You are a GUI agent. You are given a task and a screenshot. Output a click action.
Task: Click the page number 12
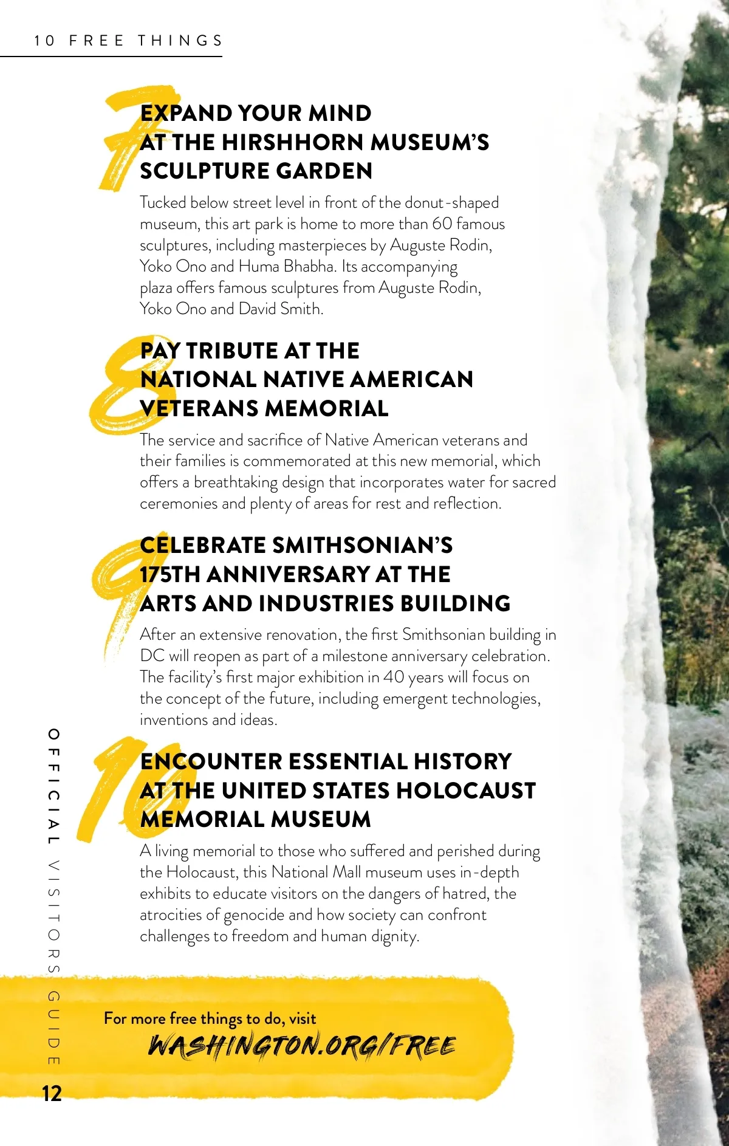[52, 1093]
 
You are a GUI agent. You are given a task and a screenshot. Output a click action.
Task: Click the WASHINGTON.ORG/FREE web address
[302, 1046]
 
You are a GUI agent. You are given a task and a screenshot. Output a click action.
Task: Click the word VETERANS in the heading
[199, 408]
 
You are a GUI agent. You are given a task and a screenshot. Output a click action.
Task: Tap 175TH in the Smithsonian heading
[170, 574]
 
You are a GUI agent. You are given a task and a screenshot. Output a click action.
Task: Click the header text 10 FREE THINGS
[128, 41]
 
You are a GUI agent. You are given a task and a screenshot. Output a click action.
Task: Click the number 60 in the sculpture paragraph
[442, 224]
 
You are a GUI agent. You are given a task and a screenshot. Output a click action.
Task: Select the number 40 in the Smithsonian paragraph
[393, 677]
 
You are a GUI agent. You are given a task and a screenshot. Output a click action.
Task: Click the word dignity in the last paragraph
[395, 936]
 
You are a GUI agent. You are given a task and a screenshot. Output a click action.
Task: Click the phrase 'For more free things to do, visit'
[210, 1018]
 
